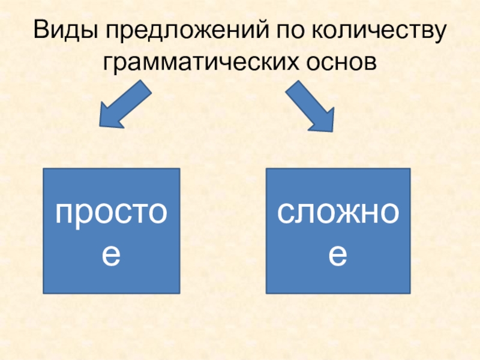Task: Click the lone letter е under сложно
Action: click(x=338, y=255)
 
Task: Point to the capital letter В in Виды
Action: click(x=43, y=31)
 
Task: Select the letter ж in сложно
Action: click(x=340, y=213)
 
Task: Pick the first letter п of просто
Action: click(x=64, y=214)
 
